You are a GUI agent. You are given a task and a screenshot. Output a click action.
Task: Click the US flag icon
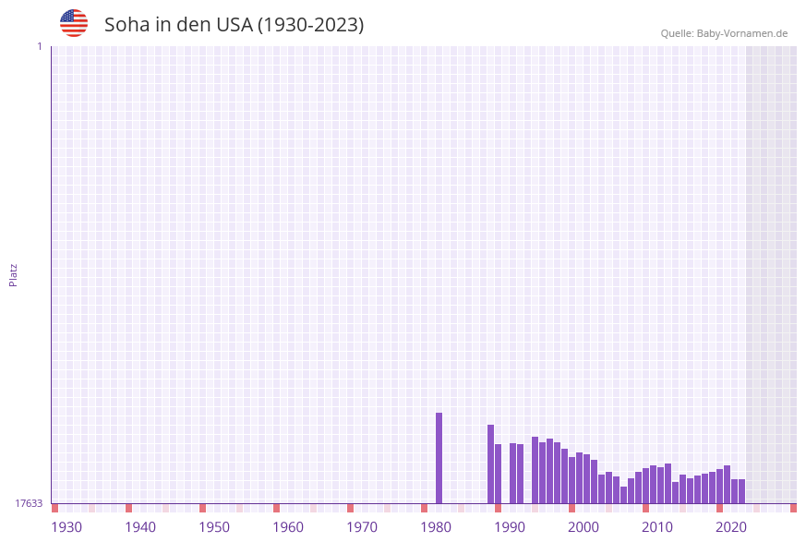click(74, 23)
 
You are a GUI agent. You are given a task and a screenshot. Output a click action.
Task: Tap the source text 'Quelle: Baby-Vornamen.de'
click(724, 33)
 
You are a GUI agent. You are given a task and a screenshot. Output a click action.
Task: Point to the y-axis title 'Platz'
click(14, 274)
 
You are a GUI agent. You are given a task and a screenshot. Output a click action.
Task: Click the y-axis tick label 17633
click(29, 503)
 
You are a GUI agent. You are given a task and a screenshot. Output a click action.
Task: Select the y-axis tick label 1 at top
click(39, 46)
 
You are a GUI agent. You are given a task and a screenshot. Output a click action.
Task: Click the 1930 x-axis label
click(66, 527)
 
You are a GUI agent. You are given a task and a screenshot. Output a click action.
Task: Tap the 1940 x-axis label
click(140, 527)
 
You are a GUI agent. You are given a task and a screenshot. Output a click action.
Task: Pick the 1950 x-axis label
click(214, 527)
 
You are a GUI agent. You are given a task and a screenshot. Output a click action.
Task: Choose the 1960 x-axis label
click(288, 527)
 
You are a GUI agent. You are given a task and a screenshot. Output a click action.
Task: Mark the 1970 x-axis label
click(362, 527)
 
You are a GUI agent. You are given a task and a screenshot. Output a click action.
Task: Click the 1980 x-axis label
click(436, 527)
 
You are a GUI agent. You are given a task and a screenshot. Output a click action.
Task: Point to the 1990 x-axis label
click(510, 527)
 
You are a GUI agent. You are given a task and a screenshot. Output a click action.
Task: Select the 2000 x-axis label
click(583, 527)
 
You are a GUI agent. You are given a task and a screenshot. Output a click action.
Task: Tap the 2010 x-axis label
click(657, 527)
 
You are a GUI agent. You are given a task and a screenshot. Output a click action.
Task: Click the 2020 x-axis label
click(731, 527)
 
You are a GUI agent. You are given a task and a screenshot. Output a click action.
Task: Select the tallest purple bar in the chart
click(439, 458)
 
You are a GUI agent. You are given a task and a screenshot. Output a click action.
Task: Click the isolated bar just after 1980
click(439, 458)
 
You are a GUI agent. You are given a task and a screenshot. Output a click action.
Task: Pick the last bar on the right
click(741, 491)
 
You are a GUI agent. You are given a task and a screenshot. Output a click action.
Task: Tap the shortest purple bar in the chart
click(623, 495)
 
